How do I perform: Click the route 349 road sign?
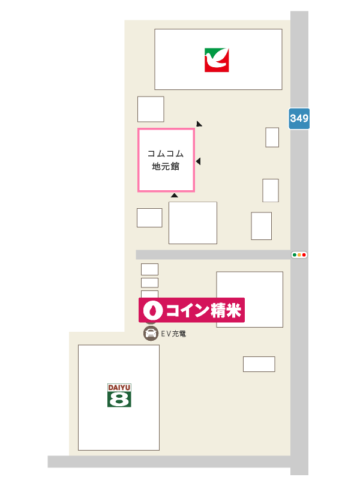pos(299,118)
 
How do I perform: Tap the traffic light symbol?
pos(299,255)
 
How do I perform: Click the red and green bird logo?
pos(217,60)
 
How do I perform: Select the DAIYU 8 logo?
pos(119,395)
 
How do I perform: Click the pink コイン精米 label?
pos(192,310)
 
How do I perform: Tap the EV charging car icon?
pos(151,334)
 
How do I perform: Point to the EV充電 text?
pos(174,334)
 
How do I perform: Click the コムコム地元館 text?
pos(166,160)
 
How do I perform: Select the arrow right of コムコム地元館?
pos(198,161)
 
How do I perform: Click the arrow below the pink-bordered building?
pos(174,196)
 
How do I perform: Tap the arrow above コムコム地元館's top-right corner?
pos(199,124)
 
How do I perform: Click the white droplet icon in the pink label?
pos(153,310)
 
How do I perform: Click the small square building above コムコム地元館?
pos(151,109)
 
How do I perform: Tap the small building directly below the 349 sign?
pos(272,137)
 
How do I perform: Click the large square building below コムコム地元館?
pos(193,223)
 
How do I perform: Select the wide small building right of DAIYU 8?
pos(259,364)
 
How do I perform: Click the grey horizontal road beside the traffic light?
pos(210,255)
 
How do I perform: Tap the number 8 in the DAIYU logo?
pos(119,399)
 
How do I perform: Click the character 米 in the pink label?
pos(233,310)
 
